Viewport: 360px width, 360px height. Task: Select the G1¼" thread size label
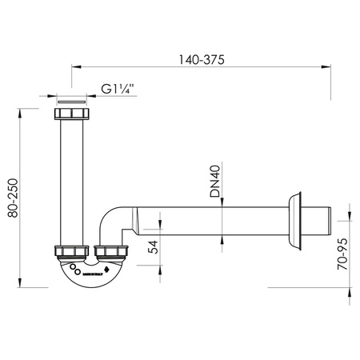117,90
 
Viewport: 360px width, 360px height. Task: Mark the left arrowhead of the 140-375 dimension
74,68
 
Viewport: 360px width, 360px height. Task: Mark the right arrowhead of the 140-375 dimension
330,68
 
